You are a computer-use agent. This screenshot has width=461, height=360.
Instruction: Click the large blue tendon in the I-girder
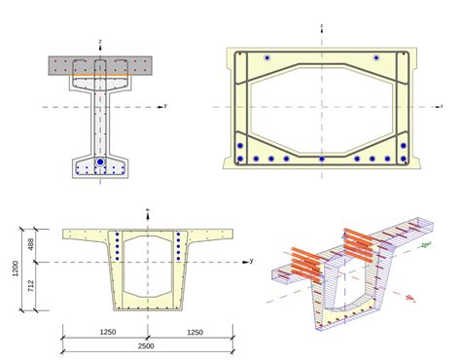100,162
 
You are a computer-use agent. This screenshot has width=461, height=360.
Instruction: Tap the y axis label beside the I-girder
166,105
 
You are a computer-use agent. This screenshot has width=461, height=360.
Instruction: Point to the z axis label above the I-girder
101,41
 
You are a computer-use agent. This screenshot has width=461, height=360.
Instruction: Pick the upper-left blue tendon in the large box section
266,59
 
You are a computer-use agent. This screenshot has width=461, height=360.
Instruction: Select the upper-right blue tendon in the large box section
374,59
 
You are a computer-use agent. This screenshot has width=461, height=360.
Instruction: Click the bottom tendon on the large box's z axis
322,159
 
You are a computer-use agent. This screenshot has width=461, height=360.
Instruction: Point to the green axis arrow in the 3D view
424,245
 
